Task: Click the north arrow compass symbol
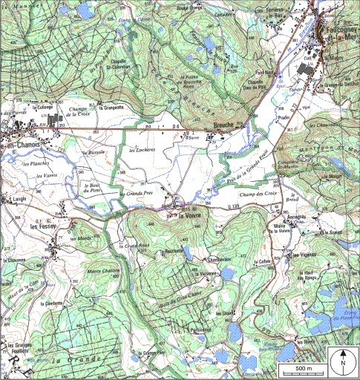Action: pos(343,361)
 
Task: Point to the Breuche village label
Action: pos(222,125)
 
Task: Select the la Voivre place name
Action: pos(191,216)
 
